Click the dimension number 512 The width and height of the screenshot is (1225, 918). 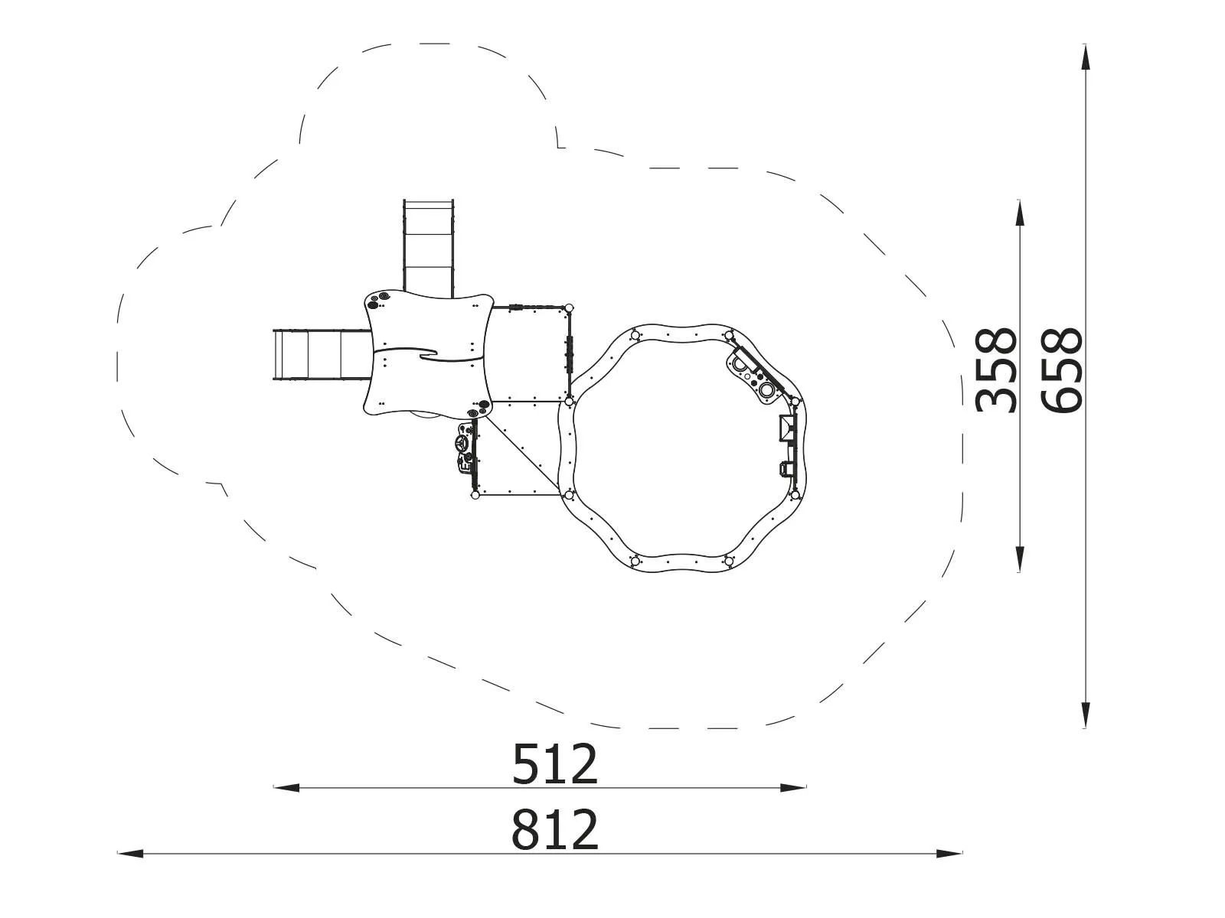555,765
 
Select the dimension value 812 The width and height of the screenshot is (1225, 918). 555,830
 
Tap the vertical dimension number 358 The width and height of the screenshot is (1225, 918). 995,370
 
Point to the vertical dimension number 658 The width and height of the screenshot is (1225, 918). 1061,370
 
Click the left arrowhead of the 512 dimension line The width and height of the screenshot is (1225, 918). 286,788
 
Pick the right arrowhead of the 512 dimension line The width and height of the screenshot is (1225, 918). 794,788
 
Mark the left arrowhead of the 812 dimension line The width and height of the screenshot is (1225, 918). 130,853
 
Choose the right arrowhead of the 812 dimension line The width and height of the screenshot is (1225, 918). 949,853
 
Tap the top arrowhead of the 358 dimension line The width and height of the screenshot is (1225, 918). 1020,213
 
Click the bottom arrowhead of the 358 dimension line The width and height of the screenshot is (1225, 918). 1020,559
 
